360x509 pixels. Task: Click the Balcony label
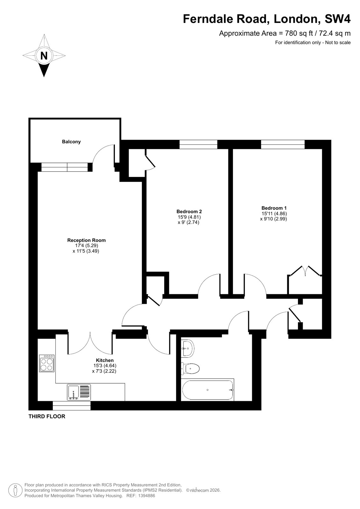pos(71,142)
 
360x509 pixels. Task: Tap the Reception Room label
pos(86,240)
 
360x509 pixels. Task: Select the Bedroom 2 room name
pos(189,212)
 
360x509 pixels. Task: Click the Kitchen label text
pos(105,360)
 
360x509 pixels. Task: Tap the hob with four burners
pos(46,363)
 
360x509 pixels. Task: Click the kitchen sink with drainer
pos(79,392)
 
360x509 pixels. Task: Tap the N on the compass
pos(44,55)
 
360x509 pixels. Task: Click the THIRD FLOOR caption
pos(47,416)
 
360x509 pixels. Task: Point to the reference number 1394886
pos(146,496)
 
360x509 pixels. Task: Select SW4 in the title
pos(337,19)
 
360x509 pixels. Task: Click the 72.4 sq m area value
pos(335,33)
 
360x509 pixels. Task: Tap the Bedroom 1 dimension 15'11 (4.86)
pos(274,213)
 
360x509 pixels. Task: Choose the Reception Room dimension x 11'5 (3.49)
pos(86,251)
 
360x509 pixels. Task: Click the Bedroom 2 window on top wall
pos(198,144)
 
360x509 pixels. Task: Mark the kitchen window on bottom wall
pos(71,406)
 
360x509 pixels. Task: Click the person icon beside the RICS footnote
pos(15,490)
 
